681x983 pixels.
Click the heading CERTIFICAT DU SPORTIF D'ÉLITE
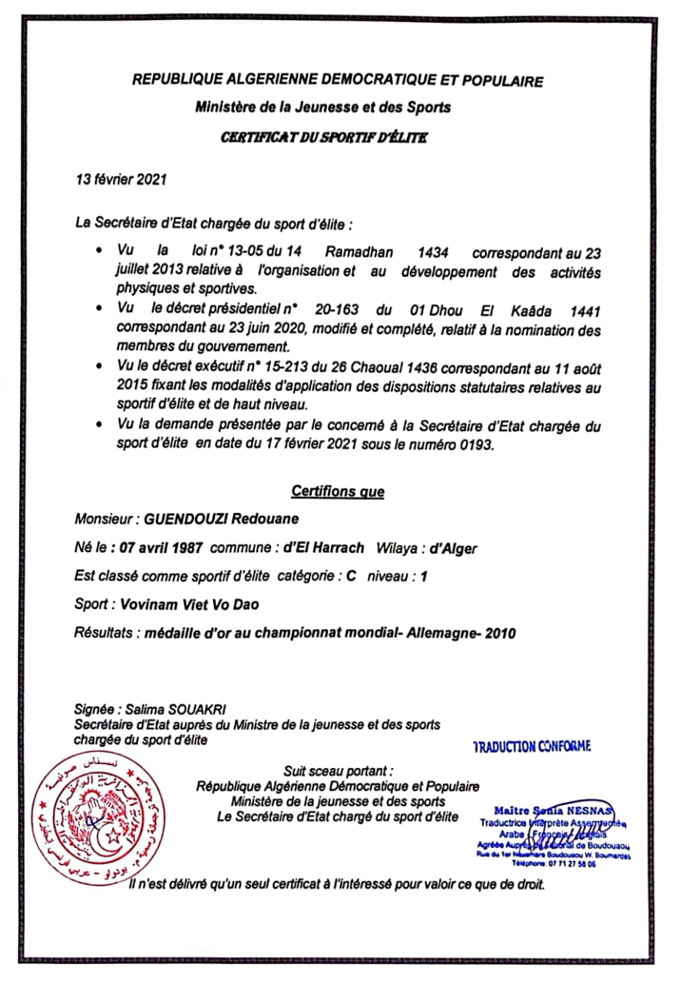click(x=323, y=138)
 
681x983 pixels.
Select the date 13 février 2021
click(x=119, y=180)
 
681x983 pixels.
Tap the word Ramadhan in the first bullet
click(x=359, y=251)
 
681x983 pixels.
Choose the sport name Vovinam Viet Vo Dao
click(x=190, y=604)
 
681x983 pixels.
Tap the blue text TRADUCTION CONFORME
click(x=532, y=746)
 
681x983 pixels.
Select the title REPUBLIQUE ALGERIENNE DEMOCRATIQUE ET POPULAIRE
click(x=338, y=81)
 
